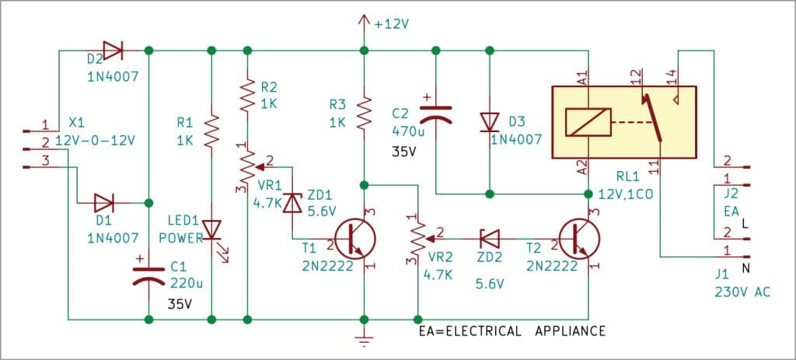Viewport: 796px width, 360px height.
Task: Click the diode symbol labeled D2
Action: click(112, 51)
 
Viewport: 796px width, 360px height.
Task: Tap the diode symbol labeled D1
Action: click(103, 204)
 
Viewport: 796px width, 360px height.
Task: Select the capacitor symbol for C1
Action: click(148, 274)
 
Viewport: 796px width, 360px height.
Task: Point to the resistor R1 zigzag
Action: click(211, 130)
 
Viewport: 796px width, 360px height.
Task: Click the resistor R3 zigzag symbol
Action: click(363, 113)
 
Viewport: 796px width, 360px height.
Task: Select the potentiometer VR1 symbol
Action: click(247, 164)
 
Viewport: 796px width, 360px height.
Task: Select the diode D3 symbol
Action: click(489, 121)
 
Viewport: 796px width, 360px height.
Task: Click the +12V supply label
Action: click(391, 23)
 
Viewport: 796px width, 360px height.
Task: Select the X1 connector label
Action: click(77, 124)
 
